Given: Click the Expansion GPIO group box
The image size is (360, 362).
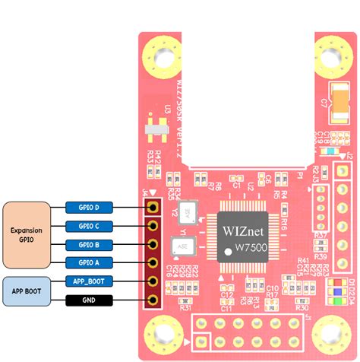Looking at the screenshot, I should [26, 234].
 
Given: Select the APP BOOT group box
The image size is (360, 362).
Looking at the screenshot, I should [26, 290].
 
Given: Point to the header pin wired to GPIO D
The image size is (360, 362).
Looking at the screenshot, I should [153, 207].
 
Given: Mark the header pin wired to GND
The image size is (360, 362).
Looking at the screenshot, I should [153, 300].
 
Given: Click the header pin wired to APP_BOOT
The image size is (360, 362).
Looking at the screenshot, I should [153, 281].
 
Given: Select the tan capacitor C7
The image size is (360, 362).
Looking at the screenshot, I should [333, 94].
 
